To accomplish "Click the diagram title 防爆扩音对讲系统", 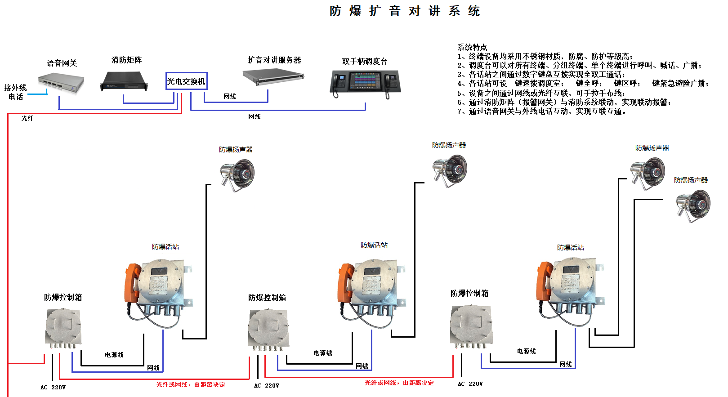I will [405, 11].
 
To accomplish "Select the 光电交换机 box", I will [186, 81].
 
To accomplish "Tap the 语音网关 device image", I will [61, 83].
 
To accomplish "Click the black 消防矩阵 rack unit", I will [124, 81].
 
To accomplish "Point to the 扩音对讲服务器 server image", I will [273, 76].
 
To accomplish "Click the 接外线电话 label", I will [15, 92].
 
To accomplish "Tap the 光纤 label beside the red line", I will [27, 118].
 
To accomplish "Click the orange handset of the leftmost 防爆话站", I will [132, 283].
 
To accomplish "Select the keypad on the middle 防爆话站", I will [371, 285].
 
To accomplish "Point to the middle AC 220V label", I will [266, 386].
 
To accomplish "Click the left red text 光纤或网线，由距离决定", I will [191, 385].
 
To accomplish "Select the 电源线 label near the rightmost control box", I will [526, 351].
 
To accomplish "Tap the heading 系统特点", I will [472, 47].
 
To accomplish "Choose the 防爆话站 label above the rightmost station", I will [570, 248].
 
